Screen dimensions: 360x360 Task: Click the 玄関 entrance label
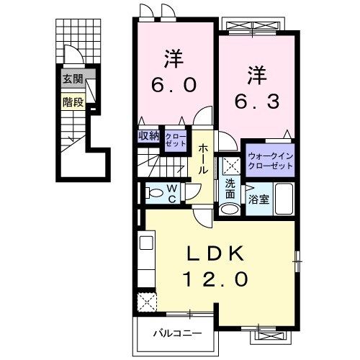(72, 79)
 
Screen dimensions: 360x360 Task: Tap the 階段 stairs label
(72, 102)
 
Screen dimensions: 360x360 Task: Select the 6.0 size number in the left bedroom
(173, 84)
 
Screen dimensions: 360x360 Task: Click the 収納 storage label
(149, 135)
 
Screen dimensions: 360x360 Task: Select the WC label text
(173, 193)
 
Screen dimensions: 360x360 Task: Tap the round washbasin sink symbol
(229, 209)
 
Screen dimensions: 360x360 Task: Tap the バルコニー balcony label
(176, 333)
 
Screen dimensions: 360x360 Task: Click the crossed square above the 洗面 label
(230, 166)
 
